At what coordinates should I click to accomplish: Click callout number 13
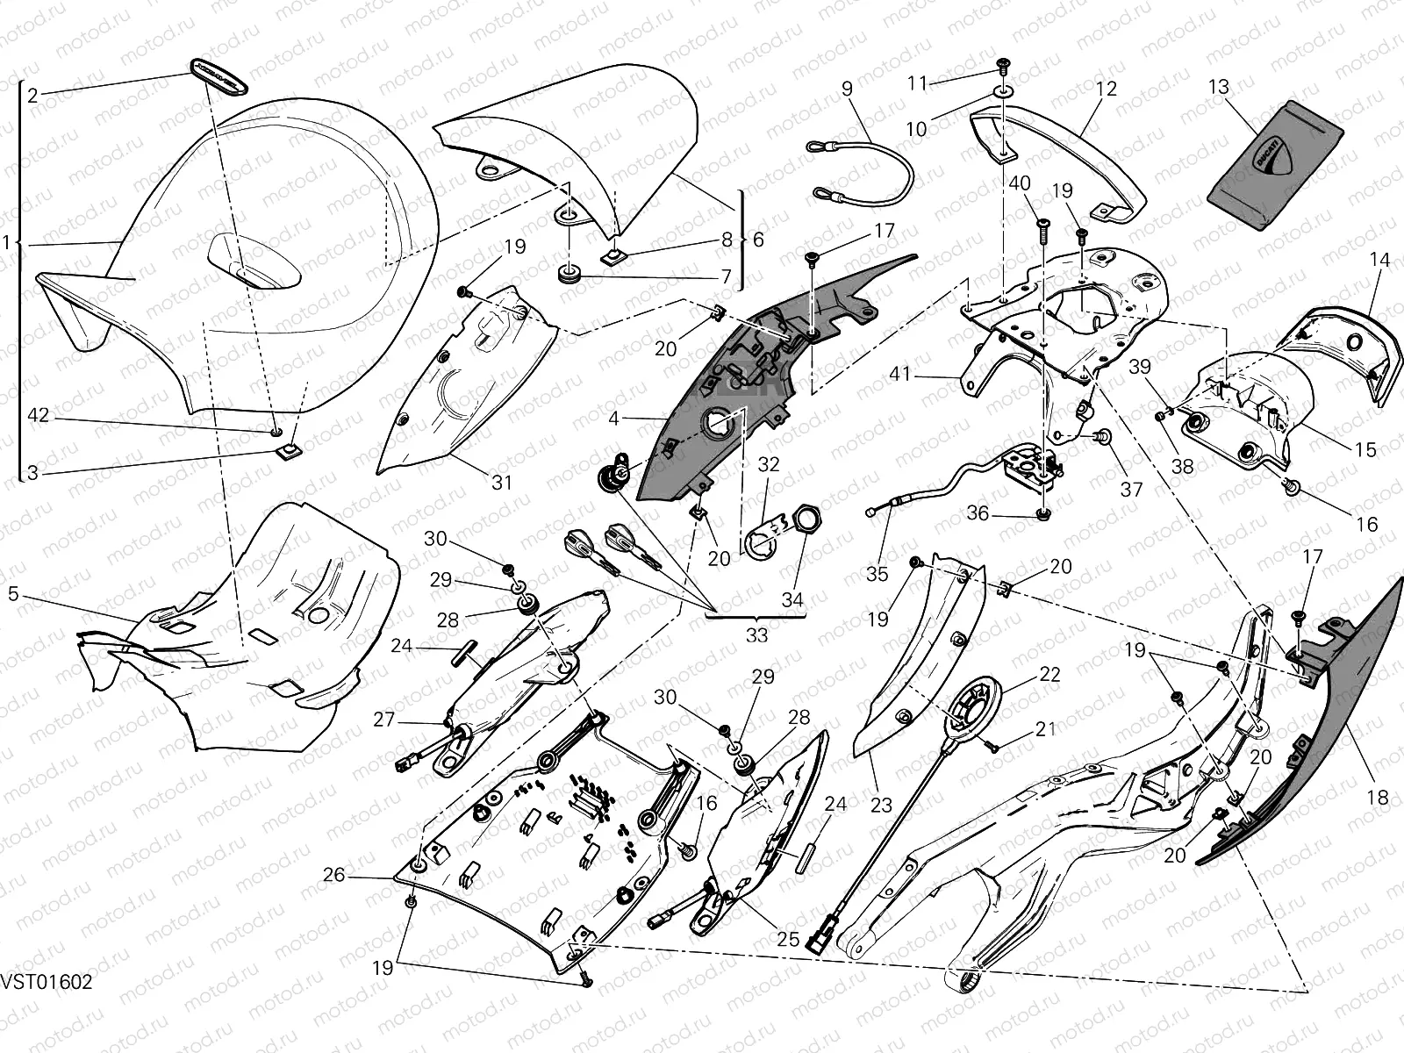tap(1218, 88)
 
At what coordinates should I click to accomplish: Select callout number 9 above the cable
tap(847, 89)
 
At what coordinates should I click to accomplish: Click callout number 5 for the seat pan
tap(13, 595)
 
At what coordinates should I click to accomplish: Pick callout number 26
tap(333, 875)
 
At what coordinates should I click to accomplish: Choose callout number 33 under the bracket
tap(756, 634)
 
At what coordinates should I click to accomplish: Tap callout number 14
tap(1379, 260)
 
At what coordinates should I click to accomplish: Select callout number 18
tap(1378, 798)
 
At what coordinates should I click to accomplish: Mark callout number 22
tap(1049, 675)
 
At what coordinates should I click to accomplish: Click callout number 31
tap(501, 482)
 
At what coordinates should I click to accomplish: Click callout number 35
tap(877, 574)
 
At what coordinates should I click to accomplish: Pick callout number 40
tap(1019, 183)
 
